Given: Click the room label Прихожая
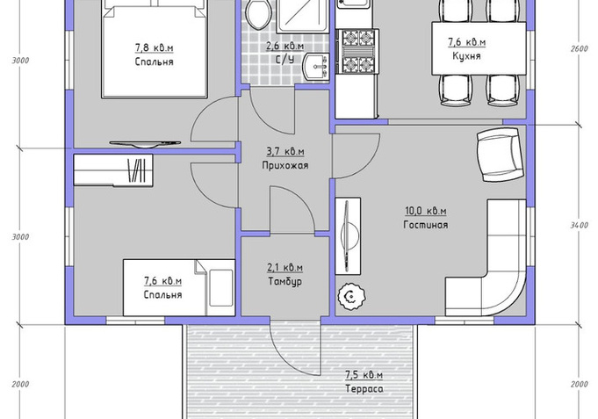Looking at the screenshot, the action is point(285,166).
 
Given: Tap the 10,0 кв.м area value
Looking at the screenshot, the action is point(425,211).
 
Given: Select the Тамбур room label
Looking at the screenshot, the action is point(285,282).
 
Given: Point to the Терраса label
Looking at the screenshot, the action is point(364,389).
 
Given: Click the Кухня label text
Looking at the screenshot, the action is point(466,56).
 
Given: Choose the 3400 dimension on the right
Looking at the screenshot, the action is point(579,226).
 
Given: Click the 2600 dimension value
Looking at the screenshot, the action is point(579,49).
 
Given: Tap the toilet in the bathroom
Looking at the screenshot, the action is point(259,15).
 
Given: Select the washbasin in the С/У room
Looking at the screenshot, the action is point(316,67).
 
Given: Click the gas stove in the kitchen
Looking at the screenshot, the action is point(357,52).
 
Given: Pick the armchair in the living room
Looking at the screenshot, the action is point(500,155).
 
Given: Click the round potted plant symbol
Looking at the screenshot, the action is point(351,296).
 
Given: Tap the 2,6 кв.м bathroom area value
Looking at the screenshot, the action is point(285,47).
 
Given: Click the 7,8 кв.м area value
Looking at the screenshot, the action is point(154,48).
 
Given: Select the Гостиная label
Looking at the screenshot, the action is point(426,225).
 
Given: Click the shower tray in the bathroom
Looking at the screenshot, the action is point(302,16).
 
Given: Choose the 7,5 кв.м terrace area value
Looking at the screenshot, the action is point(364,375).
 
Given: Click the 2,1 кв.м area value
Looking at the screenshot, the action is point(285,268).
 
